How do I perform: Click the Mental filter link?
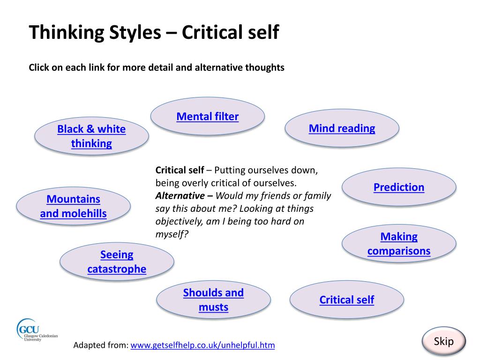[x=208, y=116]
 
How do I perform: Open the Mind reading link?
[x=342, y=128]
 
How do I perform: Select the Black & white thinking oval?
[x=91, y=136]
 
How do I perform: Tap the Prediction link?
[x=399, y=187]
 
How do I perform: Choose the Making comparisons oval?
[x=399, y=244]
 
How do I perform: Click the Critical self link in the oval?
[x=347, y=300]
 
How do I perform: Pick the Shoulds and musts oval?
[x=213, y=300]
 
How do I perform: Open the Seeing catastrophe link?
[x=117, y=262]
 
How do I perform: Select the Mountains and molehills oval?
[x=74, y=206]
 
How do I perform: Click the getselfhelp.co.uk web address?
[x=202, y=345]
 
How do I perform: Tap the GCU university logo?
[x=37, y=330]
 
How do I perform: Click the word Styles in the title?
[x=135, y=32]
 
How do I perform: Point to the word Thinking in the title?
[x=67, y=32]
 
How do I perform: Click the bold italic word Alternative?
[x=180, y=195]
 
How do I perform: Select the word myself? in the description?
[x=172, y=234]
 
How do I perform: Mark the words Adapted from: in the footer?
[x=101, y=345]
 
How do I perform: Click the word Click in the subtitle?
[x=39, y=67]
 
